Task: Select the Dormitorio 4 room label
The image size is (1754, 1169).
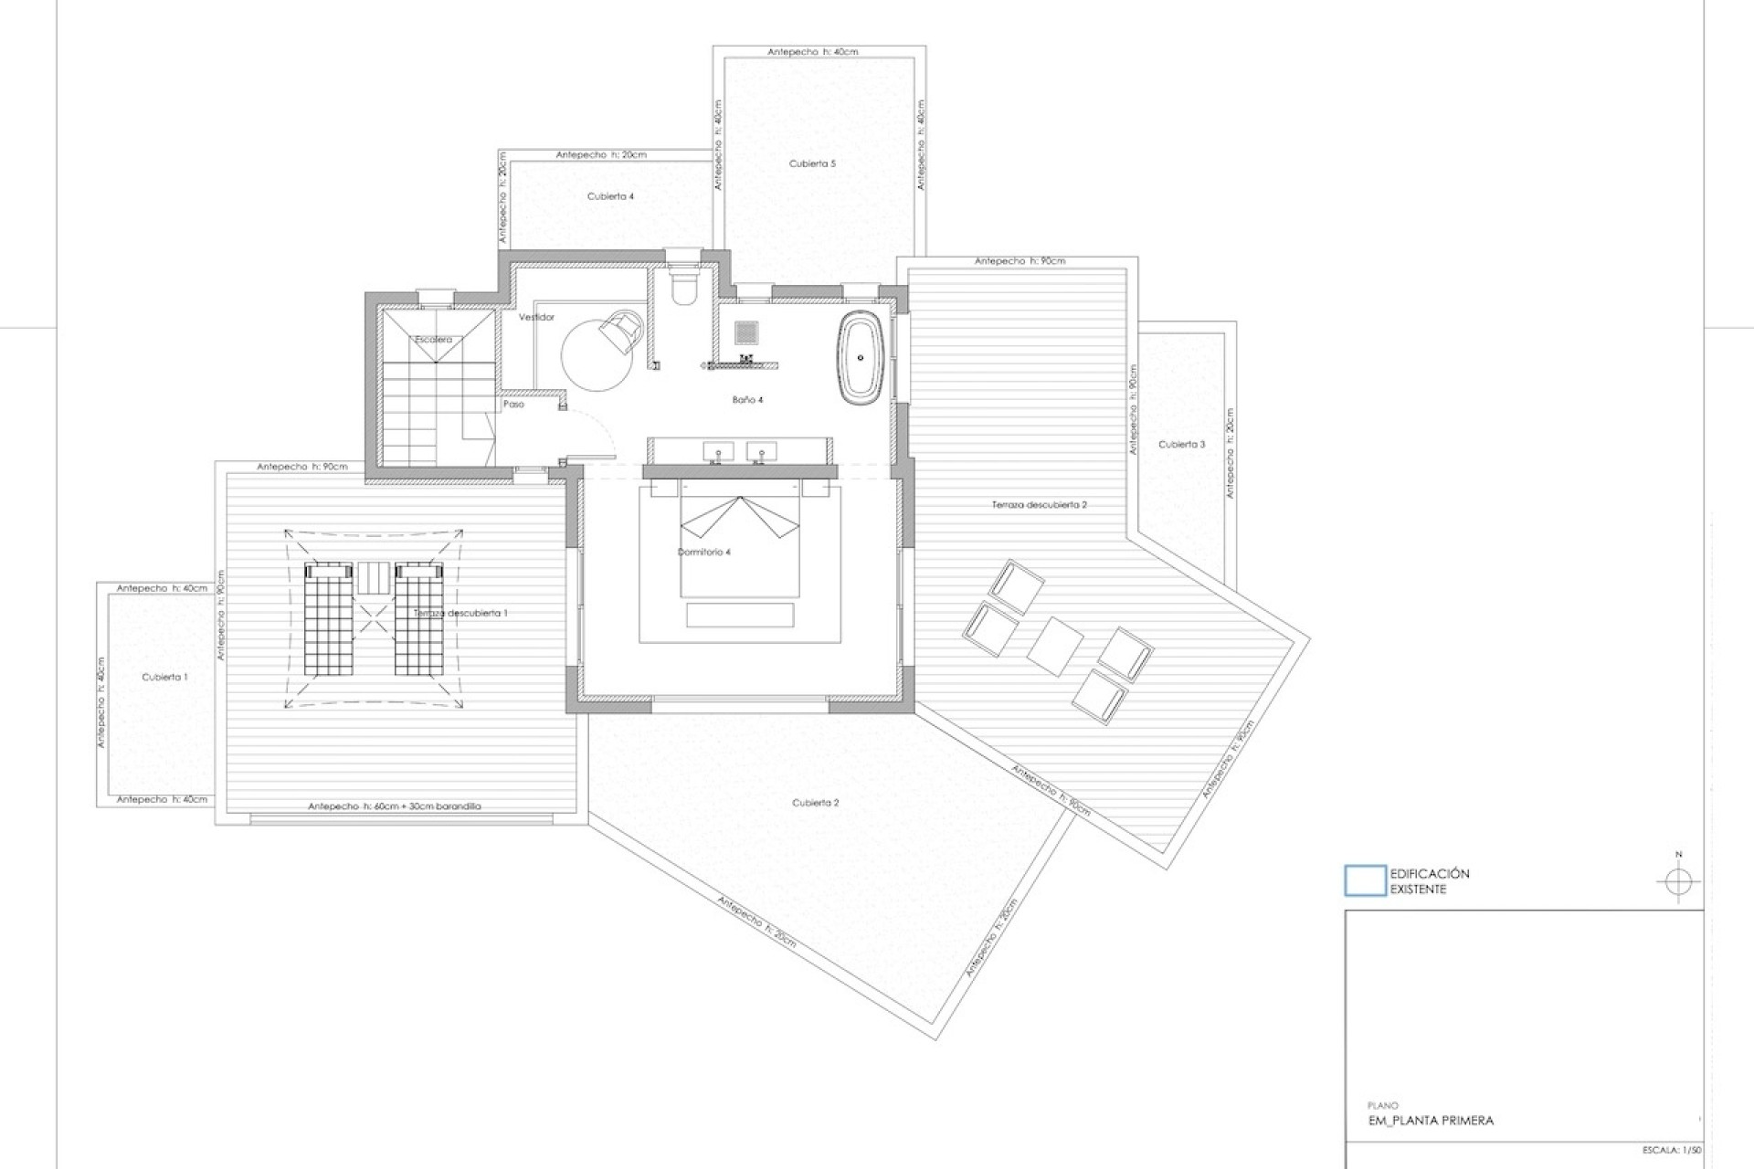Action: tap(703, 553)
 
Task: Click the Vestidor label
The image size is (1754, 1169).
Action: tap(536, 317)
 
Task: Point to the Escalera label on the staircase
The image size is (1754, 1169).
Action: tap(433, 340)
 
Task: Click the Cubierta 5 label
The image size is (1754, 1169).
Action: tap(812, 163)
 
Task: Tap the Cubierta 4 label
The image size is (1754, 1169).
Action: tap(610, 196)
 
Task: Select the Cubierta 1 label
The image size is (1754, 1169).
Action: tap(164, 678)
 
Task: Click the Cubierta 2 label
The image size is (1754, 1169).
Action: tap(815, 803)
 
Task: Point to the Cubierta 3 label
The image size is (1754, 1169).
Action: tap(1181, 445)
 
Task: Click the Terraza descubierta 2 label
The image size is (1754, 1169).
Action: tap(1039, 505)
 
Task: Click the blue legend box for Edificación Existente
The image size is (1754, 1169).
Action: tap(1365, 880)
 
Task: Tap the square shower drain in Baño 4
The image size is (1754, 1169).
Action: tap(746, 332)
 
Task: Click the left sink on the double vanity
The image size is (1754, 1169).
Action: tap(718, 451)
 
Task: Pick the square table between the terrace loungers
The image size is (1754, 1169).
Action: tap(1055, 645)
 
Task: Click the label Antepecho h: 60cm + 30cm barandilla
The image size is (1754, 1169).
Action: tap(394, 806)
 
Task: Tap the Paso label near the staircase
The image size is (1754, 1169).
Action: tap(513, 404)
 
